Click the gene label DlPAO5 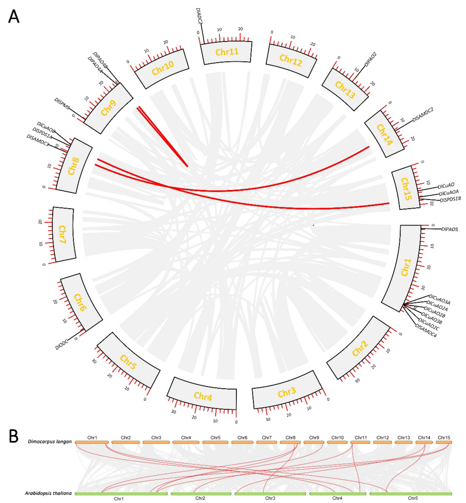click(x=449, y=229)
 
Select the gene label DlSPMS click(x=62, y=104)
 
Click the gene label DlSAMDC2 click(x=423, y=115)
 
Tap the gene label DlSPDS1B click(x=450, y=199)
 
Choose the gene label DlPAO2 click(x=370, y=59)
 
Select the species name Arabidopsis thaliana click(x=48, y=493)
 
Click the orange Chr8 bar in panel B click(x=290, y=442)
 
